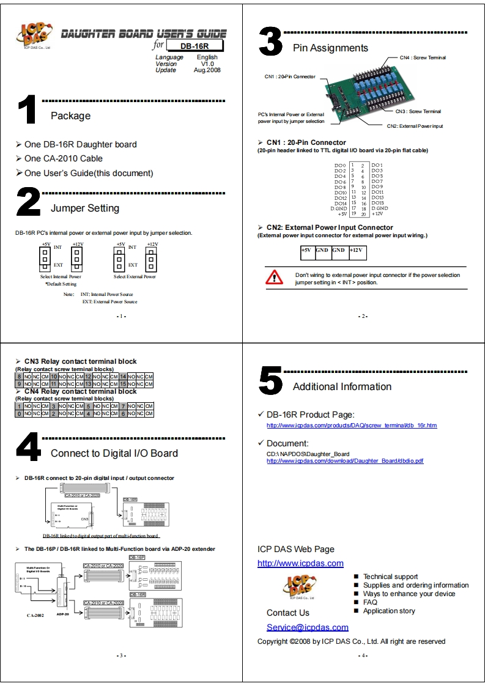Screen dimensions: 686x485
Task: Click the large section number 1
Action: pos(28,112)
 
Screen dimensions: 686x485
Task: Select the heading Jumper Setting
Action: pos(85,208)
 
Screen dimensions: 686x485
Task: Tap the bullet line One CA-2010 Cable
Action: pos(64,158)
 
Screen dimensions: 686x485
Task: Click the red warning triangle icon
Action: pos(275,277)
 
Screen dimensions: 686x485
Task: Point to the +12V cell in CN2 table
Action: pos(357,251)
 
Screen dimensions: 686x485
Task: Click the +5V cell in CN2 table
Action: pos(306,251)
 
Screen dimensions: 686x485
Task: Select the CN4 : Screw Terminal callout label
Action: pos(423,57)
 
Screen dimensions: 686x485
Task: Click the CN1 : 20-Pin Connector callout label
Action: pos(290,77)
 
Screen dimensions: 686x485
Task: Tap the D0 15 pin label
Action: pos(377,203)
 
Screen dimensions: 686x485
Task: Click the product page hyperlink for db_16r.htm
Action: pos(352,425)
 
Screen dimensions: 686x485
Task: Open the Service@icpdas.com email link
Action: pos(307,627)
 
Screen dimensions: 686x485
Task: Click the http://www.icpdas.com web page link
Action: pos(300,563)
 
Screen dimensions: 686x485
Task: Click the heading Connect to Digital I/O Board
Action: pos(114,453)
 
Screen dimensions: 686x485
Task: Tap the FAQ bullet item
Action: pos(370,602)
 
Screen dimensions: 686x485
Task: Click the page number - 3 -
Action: pos(121,655)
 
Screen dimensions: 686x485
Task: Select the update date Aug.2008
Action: pos(207,70)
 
